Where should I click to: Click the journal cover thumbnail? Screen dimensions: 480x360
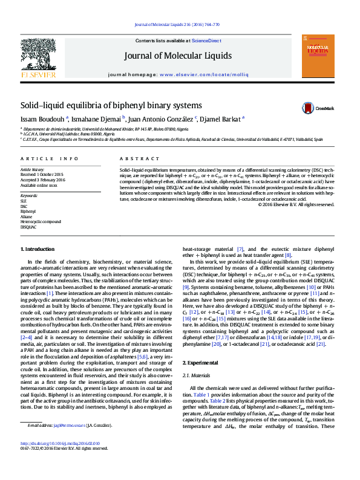318,57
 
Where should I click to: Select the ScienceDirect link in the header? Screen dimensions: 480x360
206,41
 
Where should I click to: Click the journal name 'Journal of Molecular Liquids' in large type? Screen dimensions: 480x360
178,56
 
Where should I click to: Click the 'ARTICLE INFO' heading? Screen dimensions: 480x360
50,158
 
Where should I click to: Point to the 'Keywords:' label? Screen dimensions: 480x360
29,196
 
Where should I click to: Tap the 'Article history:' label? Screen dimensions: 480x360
33,170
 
